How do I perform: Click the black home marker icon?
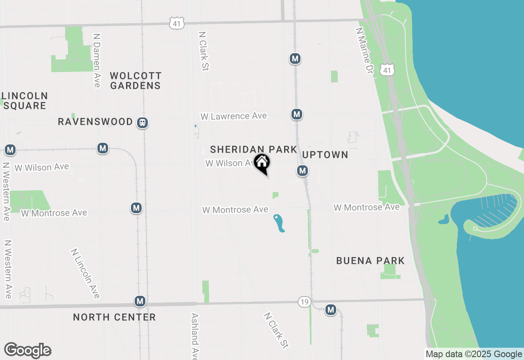pyautogui.click(x=262, y=163)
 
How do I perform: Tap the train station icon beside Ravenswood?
pyautogui.click(x=142, y=122)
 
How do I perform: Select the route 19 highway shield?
pyautogui.click(x=304, y=302)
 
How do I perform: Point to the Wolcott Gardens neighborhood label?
pyautogui.click(x=136, y=81)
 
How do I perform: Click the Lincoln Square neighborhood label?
pyautogui.click(x=25, y=101)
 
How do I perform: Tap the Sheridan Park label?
pyautogui.click(x=253, y=149)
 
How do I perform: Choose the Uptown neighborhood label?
pyautogui.click(x=325, y=155)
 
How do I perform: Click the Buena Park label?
pyautogui.click(x=370, y=261)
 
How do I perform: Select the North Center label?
pyautogui.click(x=114, y=317)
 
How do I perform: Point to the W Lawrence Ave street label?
pyautogui.click(x=233, y=116)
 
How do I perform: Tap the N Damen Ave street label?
pyautogui.click(x=97, y=60)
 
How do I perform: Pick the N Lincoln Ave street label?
pyautogui.click(x=86, y=273)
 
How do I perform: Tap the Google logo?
pyautogui.click(x=27, y=351)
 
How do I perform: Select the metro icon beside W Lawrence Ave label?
pyautogui.click(x=297, y=114)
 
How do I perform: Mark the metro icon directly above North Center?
pyautogui.click(x=140, y=301)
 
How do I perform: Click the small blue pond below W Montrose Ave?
pyautogui.click(x=279, y=223)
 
